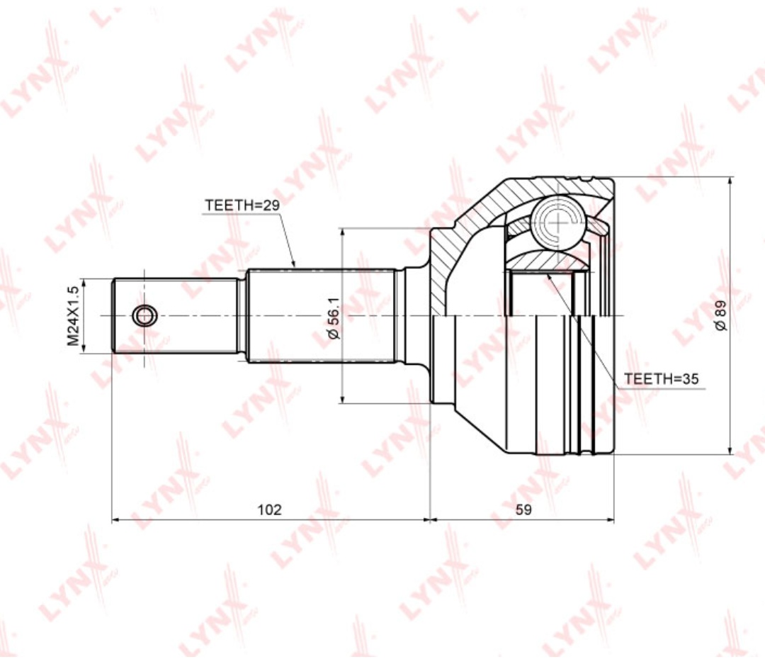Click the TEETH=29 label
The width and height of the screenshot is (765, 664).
point(242,205)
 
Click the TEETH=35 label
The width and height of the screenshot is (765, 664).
point(662,378)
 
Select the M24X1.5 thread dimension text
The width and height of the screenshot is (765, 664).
point(73,316)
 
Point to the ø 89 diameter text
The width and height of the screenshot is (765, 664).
point(720,316)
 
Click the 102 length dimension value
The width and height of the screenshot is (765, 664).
point(270,510)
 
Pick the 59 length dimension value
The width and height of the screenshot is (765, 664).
point(523,510)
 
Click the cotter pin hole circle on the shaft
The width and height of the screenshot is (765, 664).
point(144,316)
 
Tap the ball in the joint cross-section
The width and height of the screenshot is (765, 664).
point(558,220)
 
